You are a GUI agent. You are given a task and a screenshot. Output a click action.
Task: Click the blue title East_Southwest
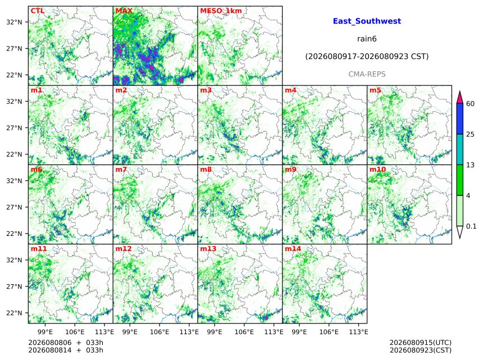[367, 21]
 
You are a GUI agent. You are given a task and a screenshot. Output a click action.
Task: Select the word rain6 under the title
[367, 39]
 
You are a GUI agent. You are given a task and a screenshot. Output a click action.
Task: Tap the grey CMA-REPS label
[367, 74]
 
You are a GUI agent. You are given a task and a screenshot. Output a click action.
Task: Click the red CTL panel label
[37, 11]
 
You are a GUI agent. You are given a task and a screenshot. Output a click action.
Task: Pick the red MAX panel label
[124, 11]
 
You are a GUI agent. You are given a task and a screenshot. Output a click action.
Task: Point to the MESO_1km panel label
[221, 11]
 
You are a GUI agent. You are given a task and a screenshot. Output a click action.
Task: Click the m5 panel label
[375, 90]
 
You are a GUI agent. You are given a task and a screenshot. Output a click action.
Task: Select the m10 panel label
[377, 170]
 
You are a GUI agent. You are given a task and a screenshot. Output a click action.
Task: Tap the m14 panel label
[293, 249]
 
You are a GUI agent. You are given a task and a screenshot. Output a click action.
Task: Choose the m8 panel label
[206, 170]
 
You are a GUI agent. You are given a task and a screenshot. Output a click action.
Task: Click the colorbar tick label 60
[470, 103]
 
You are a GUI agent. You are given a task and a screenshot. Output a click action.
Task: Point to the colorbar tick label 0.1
[471, 226]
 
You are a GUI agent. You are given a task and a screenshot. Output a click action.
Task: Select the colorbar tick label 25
[470, 134]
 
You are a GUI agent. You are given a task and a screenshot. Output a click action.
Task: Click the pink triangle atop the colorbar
[459, 98]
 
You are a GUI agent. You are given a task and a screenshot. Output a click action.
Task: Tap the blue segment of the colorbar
[459, 119]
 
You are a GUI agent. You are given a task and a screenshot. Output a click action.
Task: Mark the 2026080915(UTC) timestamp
[421, 343]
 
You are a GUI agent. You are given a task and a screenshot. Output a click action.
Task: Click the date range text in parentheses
[367, 57]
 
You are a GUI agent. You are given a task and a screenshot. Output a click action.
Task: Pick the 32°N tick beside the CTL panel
[14, 22]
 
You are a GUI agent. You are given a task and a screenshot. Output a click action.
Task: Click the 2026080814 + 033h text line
[66, 350]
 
